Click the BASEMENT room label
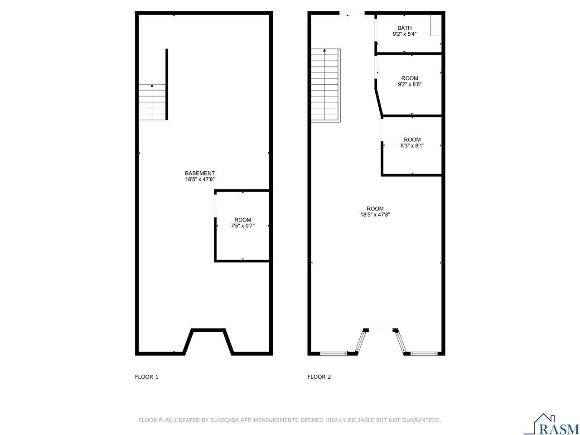click(199, 173)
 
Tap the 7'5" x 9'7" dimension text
click(242, 226)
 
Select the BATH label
click(404, 28)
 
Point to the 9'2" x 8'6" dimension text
click(410, 84)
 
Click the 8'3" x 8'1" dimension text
click(412, 146)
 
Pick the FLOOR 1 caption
click(147, 377)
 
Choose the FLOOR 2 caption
click(319, 377)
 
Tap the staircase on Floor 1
click(152, 102)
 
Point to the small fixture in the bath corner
click(436, 25)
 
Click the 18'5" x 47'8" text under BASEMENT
click(199, 179)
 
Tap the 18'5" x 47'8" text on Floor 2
click(375, 215)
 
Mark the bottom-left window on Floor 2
click(333, 353)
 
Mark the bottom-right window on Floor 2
click(424, 353)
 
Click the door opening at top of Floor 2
click(352, 14)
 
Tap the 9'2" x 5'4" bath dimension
click(404, 34)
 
